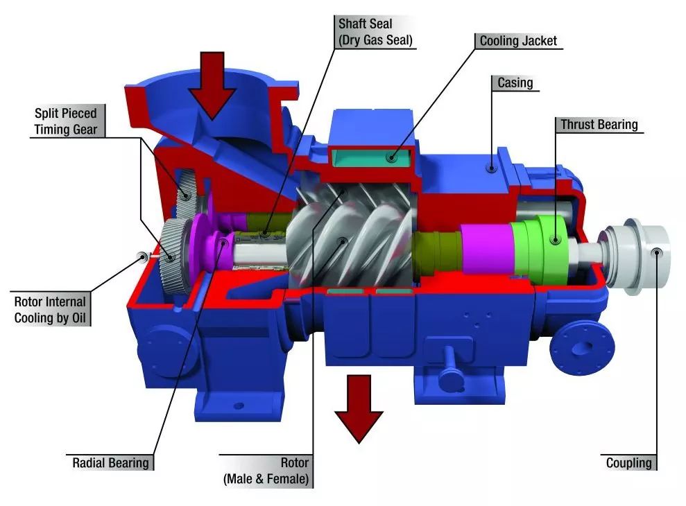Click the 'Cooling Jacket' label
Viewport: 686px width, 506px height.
[x=518, y=41]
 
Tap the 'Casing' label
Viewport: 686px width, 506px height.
[x=515, y=83]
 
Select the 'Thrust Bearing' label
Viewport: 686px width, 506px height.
[x=599, y=125]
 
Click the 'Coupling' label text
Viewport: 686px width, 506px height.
[x=629, y=463]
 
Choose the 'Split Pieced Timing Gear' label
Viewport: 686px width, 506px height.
[x=66, y=121]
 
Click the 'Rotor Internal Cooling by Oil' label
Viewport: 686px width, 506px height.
[x=50, y=310]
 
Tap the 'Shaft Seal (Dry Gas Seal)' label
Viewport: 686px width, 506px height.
[x=375, y=32]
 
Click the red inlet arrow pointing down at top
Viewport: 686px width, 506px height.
[x=212, y=91]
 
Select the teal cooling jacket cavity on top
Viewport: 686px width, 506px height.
[x=373, y=158]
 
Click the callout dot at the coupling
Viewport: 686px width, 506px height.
[x=657, y=252]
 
